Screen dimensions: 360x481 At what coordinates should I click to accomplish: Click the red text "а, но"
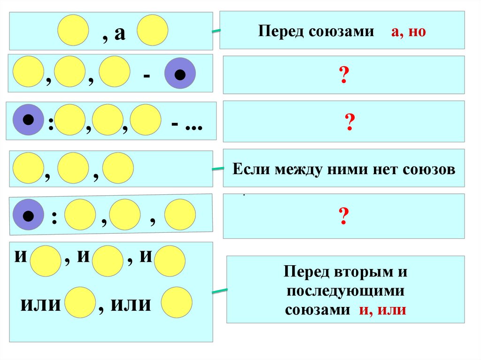pos(408,32)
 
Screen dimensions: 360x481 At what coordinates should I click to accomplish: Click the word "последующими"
pos(346,291)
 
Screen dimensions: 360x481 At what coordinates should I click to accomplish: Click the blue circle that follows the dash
pos(179,74)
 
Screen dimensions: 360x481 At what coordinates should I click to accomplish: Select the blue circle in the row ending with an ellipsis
pos(28,120)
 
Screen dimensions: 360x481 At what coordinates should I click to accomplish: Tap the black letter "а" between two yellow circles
pos(120,34)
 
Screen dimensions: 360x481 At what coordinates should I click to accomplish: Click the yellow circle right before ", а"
pos(73,30)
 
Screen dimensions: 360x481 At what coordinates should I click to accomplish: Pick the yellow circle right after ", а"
pos(153,30)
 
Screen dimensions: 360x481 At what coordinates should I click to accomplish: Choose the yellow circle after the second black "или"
pos(177,302)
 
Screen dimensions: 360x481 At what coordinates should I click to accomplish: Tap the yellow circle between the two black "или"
pos(80,302)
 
